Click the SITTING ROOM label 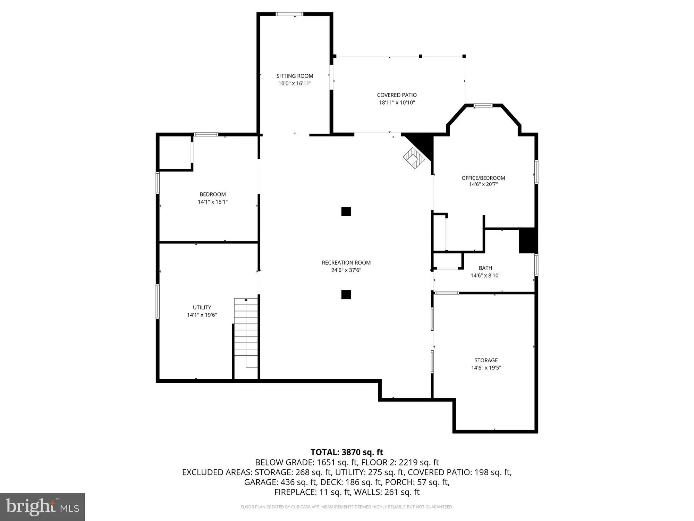point(295,76)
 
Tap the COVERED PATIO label point(397,95)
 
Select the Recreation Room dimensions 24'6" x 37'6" point(346,270)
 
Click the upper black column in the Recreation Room point(346,211)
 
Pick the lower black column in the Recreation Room point(346,295)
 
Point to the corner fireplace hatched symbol point(414,158)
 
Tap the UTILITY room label point(202,307)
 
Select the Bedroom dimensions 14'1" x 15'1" point(213,202)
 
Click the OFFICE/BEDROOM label point(483,178)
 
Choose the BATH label point(485,268)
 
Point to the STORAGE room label point(486,360)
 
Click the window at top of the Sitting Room point(289,14)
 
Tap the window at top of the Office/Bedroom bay point(483,106)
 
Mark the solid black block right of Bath point(528,240)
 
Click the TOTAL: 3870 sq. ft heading point(347,452)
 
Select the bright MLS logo point(42,507)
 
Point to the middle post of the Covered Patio point(420,56)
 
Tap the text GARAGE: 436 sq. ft point(280,482)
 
